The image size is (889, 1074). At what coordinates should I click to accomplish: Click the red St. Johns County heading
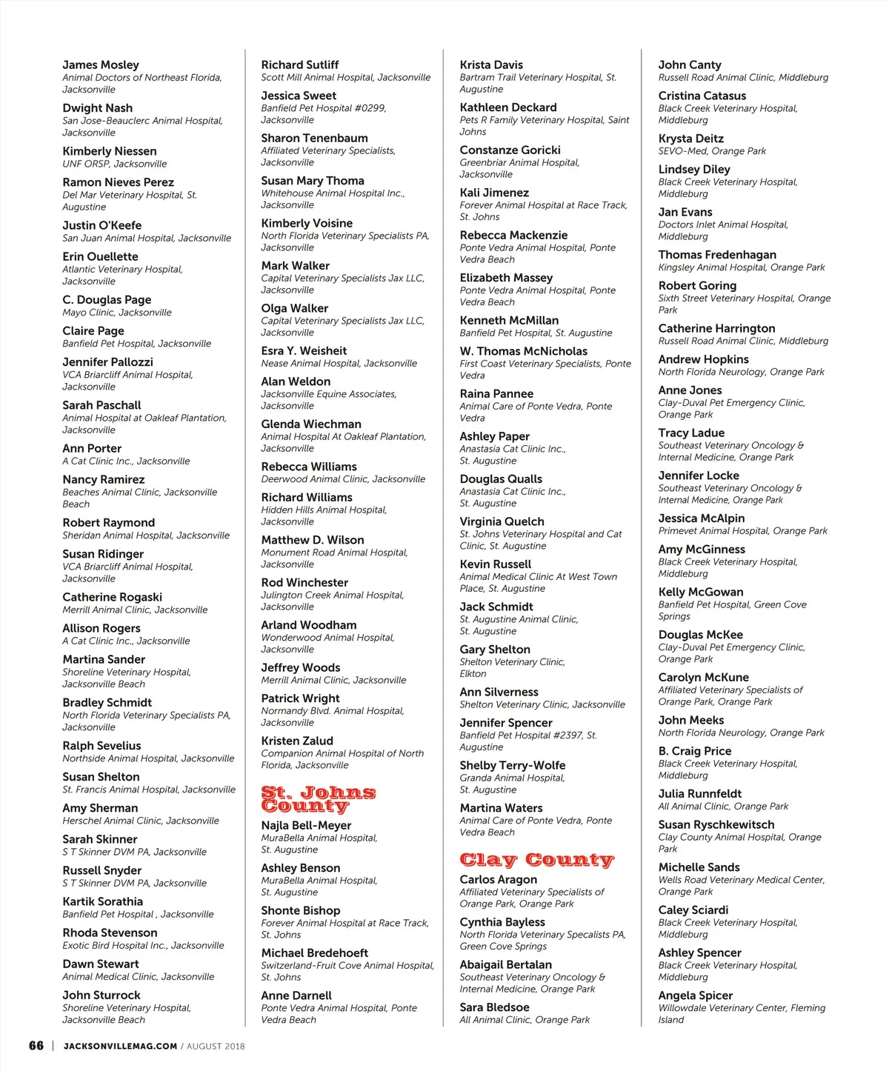point(318,799)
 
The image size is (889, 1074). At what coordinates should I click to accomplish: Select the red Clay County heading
point(536,859)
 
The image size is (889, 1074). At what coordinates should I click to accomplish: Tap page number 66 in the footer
point(36,1046)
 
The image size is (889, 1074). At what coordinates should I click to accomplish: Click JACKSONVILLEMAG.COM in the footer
point(120,1047)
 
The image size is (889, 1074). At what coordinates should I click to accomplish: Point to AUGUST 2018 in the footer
point(216,1047)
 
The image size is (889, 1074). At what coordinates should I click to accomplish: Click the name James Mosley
point(101,65)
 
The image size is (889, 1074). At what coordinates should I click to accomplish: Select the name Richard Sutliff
point(300,65)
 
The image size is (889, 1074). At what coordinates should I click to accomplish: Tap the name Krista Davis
point(491,65)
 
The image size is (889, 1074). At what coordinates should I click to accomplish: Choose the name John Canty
point(690,65)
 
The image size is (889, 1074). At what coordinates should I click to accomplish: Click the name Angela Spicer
point(696,995)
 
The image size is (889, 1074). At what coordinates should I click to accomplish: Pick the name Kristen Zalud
point(297,741)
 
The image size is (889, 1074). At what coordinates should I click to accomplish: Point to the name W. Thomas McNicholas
point(523,351)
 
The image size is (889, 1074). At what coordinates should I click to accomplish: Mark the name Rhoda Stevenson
point(110,933)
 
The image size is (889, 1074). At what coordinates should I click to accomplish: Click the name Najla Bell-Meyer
point(306,825)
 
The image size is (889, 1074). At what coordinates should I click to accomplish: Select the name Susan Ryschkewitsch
point(716,824)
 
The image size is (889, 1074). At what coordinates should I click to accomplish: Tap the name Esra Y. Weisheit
point(304,351)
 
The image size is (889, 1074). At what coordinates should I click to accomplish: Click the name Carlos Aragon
point(499,879)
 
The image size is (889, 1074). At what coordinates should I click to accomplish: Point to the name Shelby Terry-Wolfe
point(513,765)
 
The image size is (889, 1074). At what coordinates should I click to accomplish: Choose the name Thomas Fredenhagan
point(717,255)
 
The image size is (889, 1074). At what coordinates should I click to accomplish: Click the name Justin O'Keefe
point(102,225)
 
